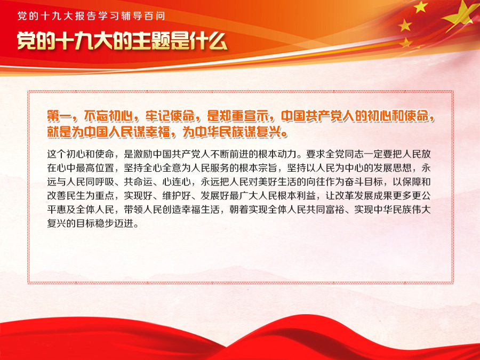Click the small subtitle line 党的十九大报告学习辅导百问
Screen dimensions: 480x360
91,15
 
